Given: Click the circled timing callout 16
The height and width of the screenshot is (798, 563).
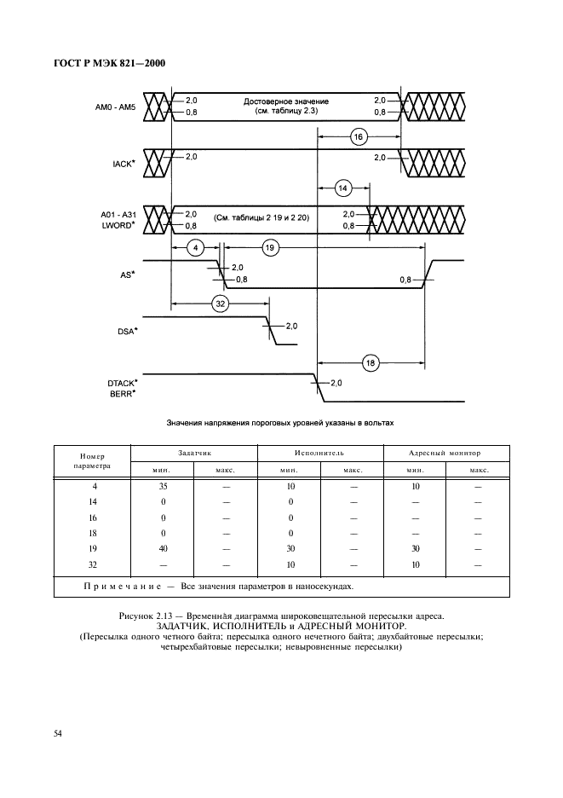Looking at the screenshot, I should [358, 136].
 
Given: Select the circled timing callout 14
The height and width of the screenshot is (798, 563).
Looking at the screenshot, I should [343, 188].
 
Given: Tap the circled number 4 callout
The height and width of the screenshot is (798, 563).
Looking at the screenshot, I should [195, 248].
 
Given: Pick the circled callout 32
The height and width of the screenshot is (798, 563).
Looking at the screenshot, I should [220, 303].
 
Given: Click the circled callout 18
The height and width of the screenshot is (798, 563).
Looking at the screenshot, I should [371, 362].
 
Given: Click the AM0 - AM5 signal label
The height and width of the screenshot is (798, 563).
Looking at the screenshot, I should [116, 107].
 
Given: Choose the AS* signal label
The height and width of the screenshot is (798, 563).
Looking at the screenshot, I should [128, 275].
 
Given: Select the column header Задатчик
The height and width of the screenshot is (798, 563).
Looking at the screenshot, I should [194, 454].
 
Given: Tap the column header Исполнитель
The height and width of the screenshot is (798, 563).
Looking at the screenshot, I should [320, 454].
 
